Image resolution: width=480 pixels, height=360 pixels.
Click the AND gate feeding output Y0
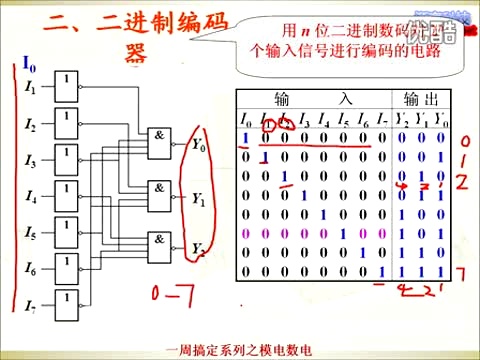160,143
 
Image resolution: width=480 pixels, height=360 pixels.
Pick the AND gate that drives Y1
160,194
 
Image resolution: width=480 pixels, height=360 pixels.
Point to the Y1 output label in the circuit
198,198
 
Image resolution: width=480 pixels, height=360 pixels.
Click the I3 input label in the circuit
31,162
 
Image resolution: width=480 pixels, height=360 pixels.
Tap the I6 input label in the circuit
31,270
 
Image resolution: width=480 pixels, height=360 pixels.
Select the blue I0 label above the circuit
29,64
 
